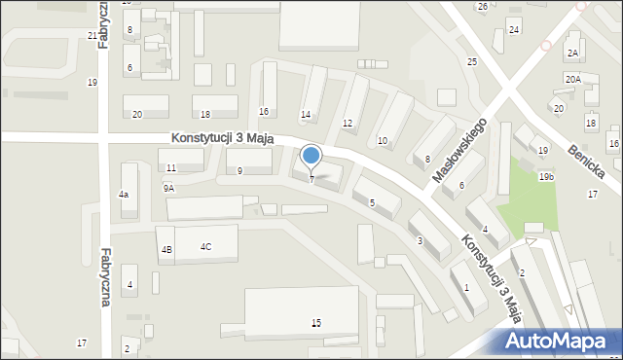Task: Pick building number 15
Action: [x=315, y=322]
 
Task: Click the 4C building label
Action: [x=206, y=246]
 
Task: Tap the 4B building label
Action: [x=166, y=250]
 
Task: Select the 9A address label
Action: [x=168, y=188]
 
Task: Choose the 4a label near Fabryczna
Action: [x=124, y=196]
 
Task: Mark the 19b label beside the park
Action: [x=548, y=177]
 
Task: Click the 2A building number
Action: [x=573, y=53]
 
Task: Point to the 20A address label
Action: [x=572, y=80]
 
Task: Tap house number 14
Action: [x=306, y=115]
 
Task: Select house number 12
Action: [x=348, y=124]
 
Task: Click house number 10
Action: [x=383, y=141]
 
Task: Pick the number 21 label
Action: [x=92, y=36]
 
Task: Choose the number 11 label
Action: [x=171, y=168]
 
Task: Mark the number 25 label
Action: [x=472, y=62]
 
